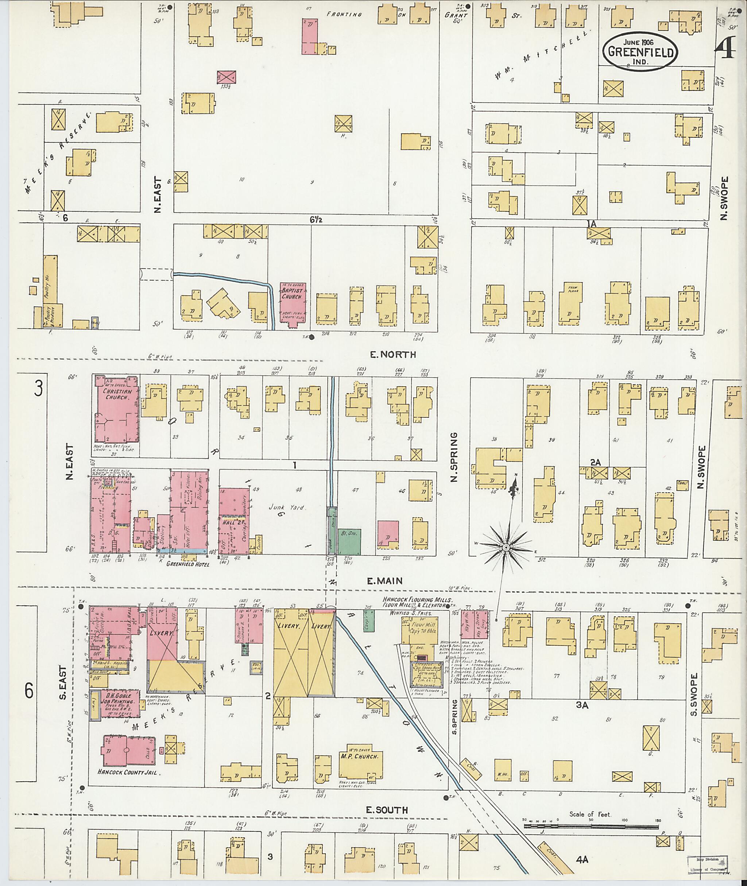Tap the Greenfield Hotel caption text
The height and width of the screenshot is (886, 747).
[x=187, y=564]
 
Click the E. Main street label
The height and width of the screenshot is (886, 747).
[x=384, y=581]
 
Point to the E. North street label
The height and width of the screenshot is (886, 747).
[x=393, y=355]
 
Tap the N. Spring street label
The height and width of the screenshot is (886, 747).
[x=454, y=457]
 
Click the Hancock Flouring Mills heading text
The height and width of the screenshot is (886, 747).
[x=418, y=599]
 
